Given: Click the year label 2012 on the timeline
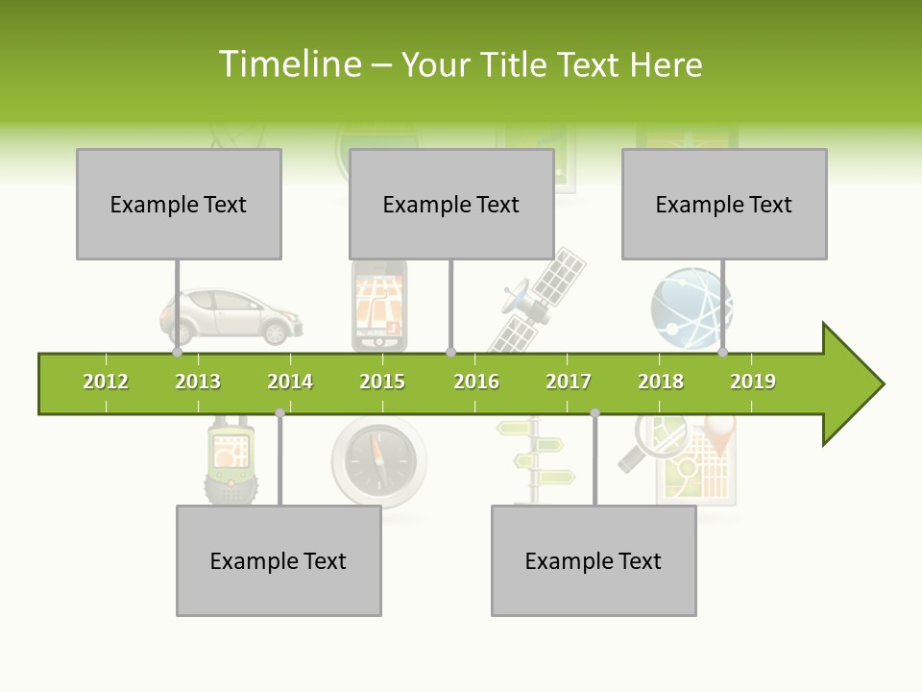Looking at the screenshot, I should [x=106, y=383].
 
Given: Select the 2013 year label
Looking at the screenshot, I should [x=198, y=383].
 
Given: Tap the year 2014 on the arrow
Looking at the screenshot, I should [x=290, y=383].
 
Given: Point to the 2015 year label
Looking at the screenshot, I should [x=382, y=383].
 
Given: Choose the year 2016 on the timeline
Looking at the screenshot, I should [x=476, y=383].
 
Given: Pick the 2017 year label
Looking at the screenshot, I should [x=569, y=383].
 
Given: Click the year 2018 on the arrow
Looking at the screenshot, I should [x=661, y=383].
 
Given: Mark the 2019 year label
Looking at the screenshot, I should [x=753, y=383].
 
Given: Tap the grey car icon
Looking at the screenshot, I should [x=230, y=317].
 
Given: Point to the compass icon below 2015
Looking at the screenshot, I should [x=379, y=460].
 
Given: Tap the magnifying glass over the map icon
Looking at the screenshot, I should [x=643, y=443].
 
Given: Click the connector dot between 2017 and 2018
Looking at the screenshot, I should [x=594, y=413].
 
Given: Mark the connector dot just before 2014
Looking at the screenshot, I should [x=279, y=413].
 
